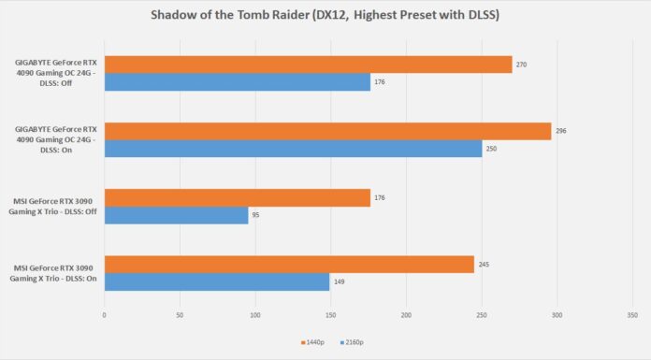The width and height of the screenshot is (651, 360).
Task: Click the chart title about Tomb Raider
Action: tap(325, 16)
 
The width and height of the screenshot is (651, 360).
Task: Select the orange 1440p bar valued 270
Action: tap(308, 65)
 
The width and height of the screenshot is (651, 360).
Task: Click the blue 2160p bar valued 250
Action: tap(293, 149)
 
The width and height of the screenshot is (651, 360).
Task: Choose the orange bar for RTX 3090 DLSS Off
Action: tap(237, 197)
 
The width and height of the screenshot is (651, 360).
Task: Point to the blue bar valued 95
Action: tap(176, 215)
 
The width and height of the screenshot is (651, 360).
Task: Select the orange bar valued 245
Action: tap(289, 264)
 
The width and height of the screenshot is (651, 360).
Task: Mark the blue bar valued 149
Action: tap(217, 281)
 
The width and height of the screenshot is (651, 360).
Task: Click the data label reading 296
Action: tap(561, 131)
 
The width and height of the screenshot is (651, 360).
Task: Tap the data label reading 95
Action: tap(257, 215)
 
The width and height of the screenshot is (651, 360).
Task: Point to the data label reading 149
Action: tap(340, 281)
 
